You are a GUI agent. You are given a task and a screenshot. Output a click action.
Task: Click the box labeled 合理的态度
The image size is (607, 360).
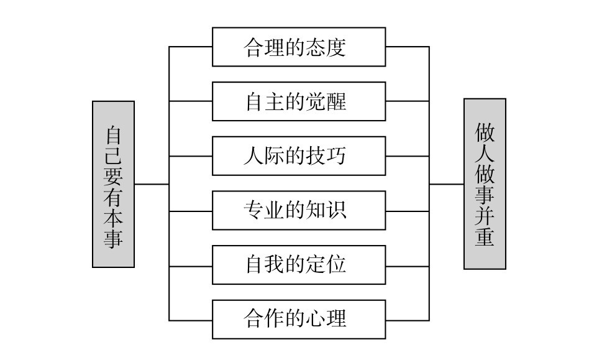coord(298,47)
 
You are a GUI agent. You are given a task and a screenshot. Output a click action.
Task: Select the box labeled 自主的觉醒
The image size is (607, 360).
coord(298,101)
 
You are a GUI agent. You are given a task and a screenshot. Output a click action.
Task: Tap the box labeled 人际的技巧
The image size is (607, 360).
coord(298,156)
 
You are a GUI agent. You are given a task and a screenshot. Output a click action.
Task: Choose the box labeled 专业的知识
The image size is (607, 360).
coord(298,211)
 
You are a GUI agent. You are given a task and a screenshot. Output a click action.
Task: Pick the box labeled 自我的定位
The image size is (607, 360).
coord(298,265)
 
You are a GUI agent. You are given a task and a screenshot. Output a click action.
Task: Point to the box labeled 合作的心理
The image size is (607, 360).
coord(298,320)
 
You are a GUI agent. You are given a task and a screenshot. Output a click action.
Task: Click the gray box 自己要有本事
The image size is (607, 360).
coord(113,185)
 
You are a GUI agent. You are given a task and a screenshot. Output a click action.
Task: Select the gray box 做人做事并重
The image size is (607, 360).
coord(485,184)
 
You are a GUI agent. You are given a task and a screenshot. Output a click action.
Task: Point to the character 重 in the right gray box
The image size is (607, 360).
coord(485,238)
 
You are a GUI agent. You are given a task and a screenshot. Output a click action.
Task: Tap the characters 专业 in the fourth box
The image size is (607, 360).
coord(265,211)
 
